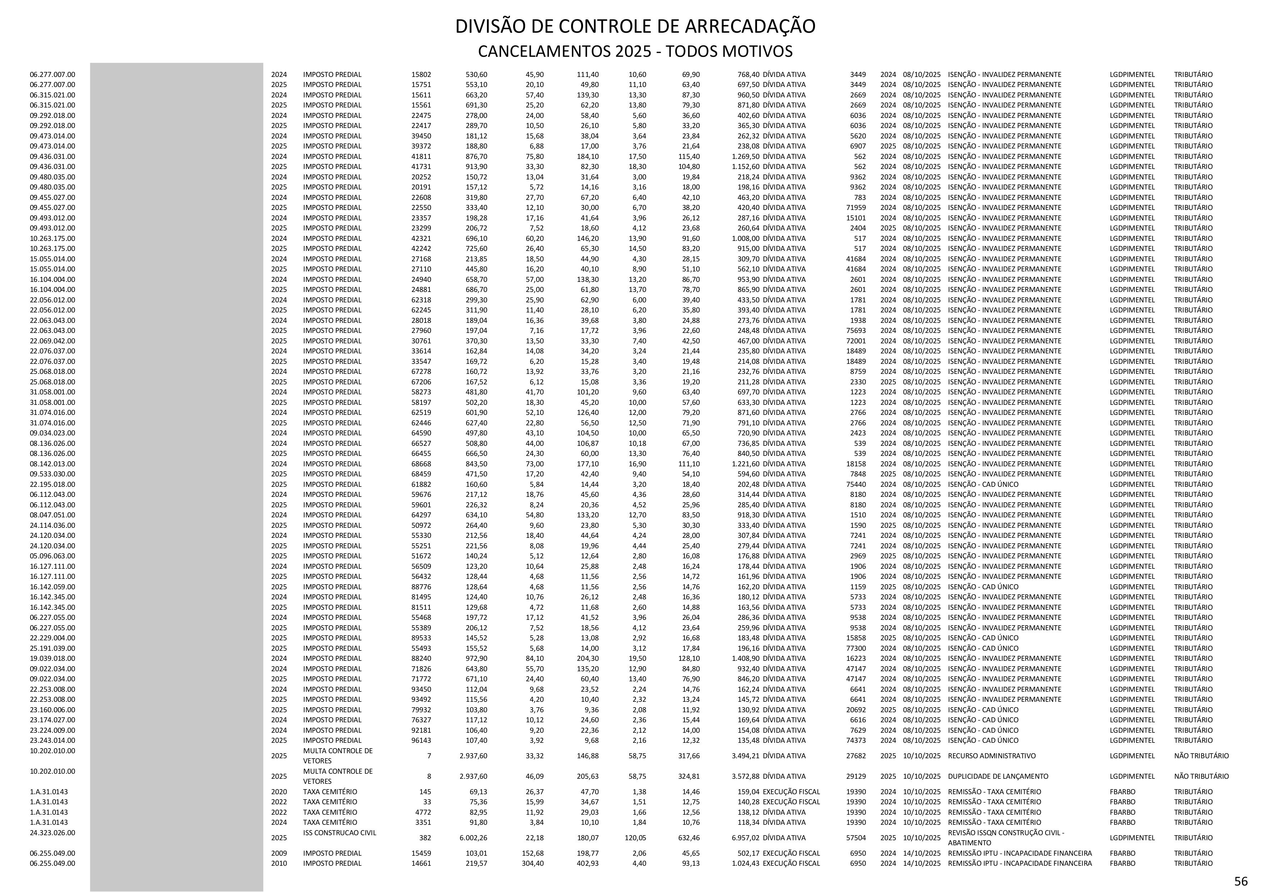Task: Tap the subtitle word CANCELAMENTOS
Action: click(x=541, y=52)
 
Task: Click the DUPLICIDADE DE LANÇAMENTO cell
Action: click(x=998, y=776)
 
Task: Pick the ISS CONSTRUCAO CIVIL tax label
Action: click(x=340, y=832)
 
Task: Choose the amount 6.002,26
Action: click(x=473, y=838)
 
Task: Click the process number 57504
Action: click(x=856, y=838)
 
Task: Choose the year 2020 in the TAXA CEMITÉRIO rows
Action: click(x=279, y=791)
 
